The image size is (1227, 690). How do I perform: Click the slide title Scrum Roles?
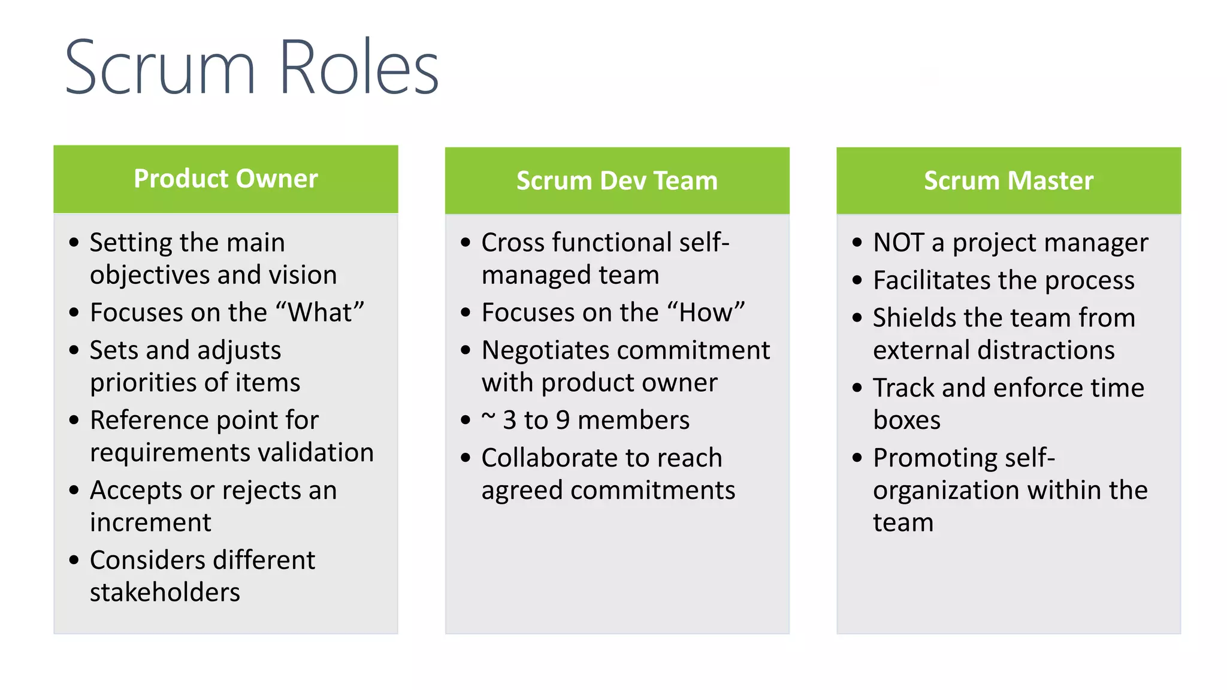pos(252,67)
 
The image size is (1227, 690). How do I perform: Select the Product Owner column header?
pos(226,178)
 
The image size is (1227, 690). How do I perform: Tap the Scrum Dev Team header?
pos(617,180)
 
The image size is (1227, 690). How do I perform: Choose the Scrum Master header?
pos(1008,180)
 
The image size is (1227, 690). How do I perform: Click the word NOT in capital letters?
pos(898,243)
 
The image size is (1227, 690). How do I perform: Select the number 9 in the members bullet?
pos(563,420)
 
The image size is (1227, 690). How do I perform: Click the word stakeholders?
pos(165,592)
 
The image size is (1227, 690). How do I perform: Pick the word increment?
pos(150,522)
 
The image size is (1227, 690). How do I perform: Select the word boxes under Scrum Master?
pos(906,420)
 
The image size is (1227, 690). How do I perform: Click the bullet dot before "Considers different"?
pos(74,561)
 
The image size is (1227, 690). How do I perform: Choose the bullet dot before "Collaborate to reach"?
pos(466,458)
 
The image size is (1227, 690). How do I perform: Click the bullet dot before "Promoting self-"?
pos(857,458)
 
